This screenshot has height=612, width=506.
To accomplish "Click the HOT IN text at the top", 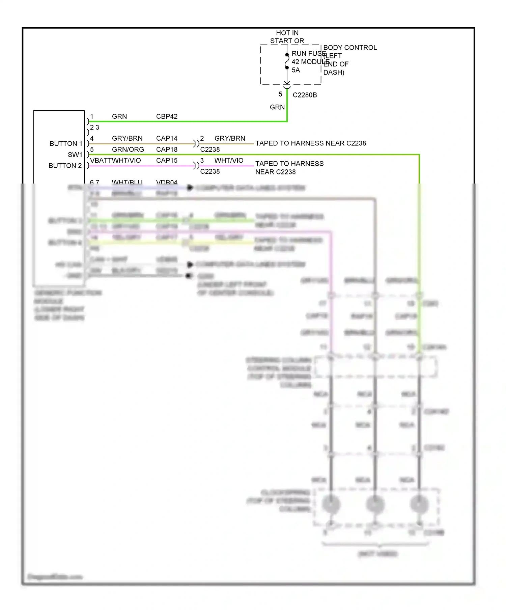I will pos(287,33).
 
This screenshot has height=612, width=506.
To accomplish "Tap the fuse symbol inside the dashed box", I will pos(287,61).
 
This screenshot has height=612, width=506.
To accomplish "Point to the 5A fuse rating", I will pos(296,70).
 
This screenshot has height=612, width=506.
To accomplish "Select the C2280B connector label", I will pos(305,95).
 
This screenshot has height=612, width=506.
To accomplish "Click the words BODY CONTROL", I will pos(350,48).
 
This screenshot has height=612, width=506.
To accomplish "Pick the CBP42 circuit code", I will pos(167,116).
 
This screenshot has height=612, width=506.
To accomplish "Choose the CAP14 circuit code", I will pos(167,138).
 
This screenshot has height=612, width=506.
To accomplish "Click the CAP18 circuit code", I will pos(167,149).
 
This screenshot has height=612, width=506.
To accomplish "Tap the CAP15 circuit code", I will pos(167,160).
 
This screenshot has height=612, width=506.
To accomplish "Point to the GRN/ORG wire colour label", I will pos(128,149).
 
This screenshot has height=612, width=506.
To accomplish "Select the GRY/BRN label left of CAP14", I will pos(127,138).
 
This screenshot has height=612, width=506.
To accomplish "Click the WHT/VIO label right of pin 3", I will pos(229,160).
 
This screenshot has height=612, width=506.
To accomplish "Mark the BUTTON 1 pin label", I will pos(66,144).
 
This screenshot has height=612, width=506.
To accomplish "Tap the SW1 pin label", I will pos(75,155).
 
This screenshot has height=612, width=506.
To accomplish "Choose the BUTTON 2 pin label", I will pos(65,166).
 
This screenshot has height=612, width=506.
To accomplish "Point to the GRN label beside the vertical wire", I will pos(277,107).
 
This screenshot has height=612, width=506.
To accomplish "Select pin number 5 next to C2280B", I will pos(280,94).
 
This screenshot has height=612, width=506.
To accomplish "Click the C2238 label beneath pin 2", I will pos(210,149).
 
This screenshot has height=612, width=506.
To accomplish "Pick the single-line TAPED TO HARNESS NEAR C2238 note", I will pos(310,143).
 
